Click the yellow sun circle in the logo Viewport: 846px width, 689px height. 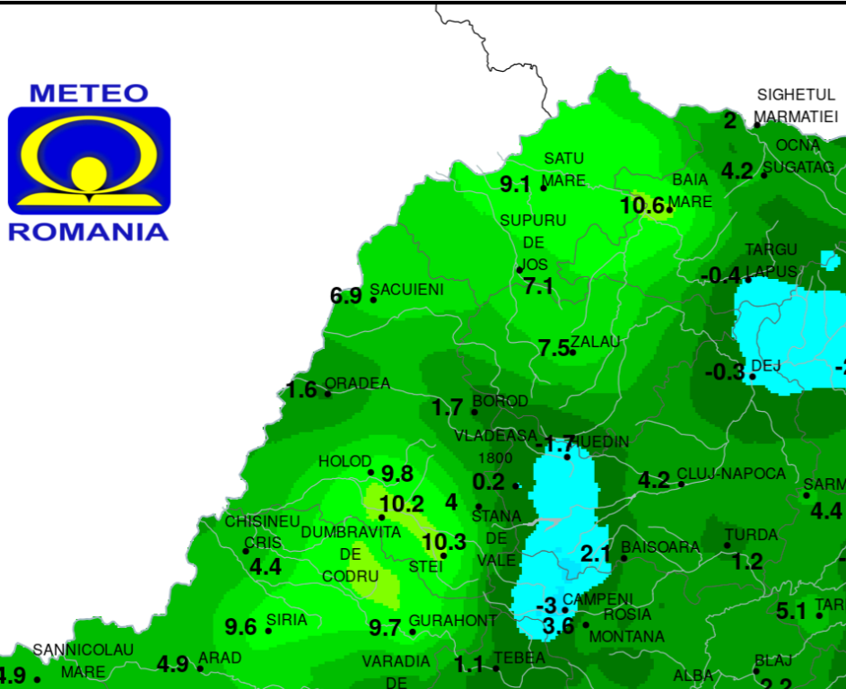coord(89,171)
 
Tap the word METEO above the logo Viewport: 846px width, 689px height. coord(89,93)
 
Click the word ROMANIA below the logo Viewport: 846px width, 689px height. coord(89,231)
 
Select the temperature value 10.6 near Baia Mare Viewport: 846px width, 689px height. coord(642,206)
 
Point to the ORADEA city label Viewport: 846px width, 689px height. coord(357,384)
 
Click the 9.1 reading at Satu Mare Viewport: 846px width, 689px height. coord(516,185)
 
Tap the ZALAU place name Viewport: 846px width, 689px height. coord(596,343)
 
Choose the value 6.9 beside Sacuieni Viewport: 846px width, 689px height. coord(346,296)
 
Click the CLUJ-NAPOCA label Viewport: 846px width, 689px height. coord(731,474)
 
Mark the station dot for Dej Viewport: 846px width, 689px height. coord(752,376)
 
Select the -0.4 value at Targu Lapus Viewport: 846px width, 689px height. coord(721,275)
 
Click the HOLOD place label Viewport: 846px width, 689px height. coord(345,462)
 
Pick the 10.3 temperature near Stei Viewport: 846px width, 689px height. coord(444,542)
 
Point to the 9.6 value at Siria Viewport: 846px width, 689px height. coord(240,627)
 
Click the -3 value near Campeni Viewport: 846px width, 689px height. coord(546,606)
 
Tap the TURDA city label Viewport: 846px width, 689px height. coord(751,535)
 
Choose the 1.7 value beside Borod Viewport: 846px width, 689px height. coord(447,408)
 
